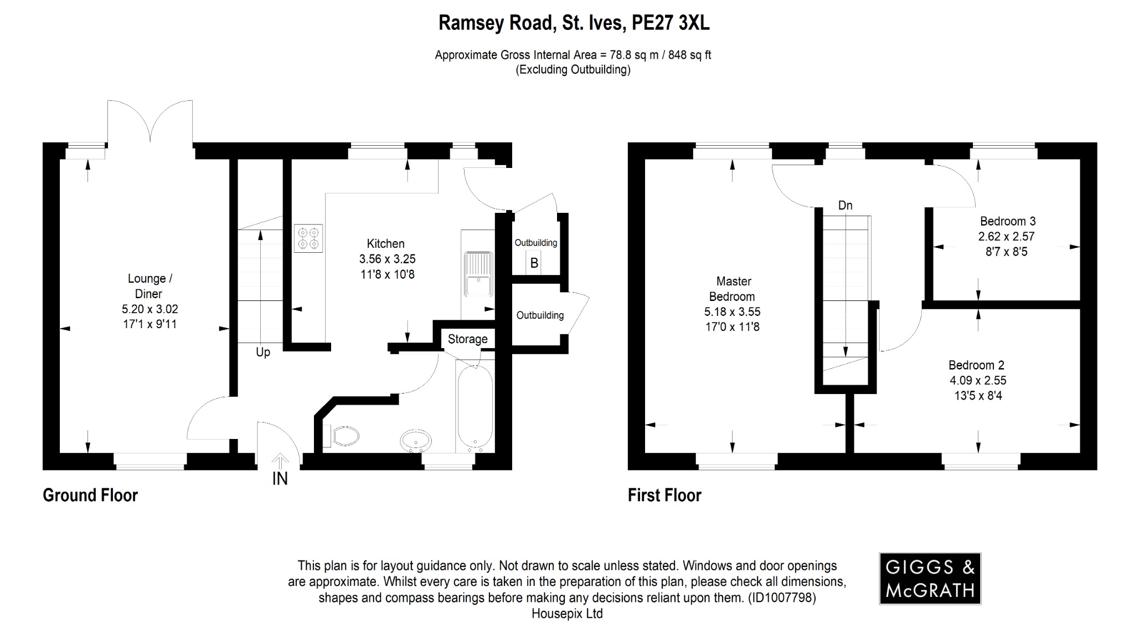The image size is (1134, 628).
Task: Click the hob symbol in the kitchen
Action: coord(308,238)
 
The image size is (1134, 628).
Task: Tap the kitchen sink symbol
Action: coord(478,274)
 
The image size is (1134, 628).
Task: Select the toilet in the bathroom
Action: coord(344,436)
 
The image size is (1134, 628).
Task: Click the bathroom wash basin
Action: coord(415,441)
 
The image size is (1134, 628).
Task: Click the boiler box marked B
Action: coord(534,263)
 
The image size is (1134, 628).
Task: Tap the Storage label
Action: coord(467,339)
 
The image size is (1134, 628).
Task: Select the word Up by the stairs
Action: coord(263,353)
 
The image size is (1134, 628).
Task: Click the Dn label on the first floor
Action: coord(845,206)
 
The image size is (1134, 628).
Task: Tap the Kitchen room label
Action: coord(385,243)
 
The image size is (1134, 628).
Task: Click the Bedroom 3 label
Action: coord(1007,221)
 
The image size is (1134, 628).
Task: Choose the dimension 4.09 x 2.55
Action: coord(977,381)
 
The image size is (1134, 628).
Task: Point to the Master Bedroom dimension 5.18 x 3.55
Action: coord(732,312)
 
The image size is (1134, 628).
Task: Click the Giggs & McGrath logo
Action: coord(930,578)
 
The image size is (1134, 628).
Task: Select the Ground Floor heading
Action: coord(90,495)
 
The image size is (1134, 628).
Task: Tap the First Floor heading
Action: coord(664,495)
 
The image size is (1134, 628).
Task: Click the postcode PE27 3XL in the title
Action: coord(671,23)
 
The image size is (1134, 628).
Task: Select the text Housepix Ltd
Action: coord(566,614)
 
